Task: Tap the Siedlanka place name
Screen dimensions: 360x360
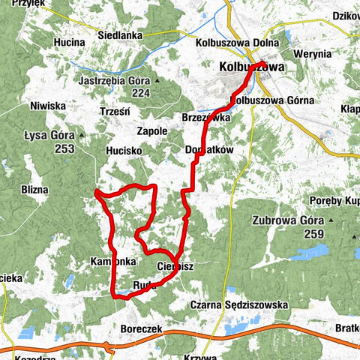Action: click(125, 34)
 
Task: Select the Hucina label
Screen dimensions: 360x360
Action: click(68, 43)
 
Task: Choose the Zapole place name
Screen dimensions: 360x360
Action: click(152, 130)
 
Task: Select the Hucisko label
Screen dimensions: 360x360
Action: click(124, 150)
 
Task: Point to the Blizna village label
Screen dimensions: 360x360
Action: click(33, 190)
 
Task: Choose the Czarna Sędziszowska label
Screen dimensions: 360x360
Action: click(238, 305)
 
